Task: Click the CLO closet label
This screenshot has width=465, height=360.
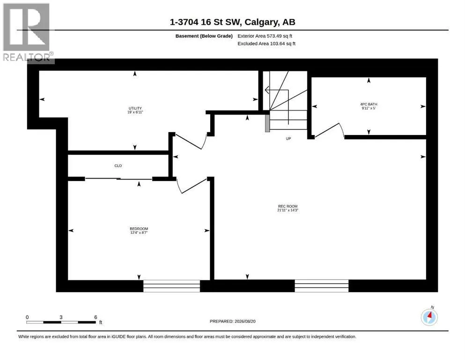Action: point(118,165)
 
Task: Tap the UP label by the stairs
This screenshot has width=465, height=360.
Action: point(288,139)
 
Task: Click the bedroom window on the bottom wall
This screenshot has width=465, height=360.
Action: point(172,286)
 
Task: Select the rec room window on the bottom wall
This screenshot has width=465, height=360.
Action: point(321,286)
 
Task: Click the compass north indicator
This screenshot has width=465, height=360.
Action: point(429,316)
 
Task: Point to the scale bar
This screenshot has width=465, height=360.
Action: point(61,322)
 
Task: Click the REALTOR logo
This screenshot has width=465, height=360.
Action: point(28,33)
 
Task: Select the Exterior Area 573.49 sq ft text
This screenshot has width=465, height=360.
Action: point(265,36)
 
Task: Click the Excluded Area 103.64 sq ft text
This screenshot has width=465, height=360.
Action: point(266,44)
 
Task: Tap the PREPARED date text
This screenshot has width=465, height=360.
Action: point(232,321)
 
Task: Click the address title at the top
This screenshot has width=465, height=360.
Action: point(232,22)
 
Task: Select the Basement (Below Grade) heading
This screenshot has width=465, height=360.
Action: point(204,36)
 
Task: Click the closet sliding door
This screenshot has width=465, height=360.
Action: point(118,179)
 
